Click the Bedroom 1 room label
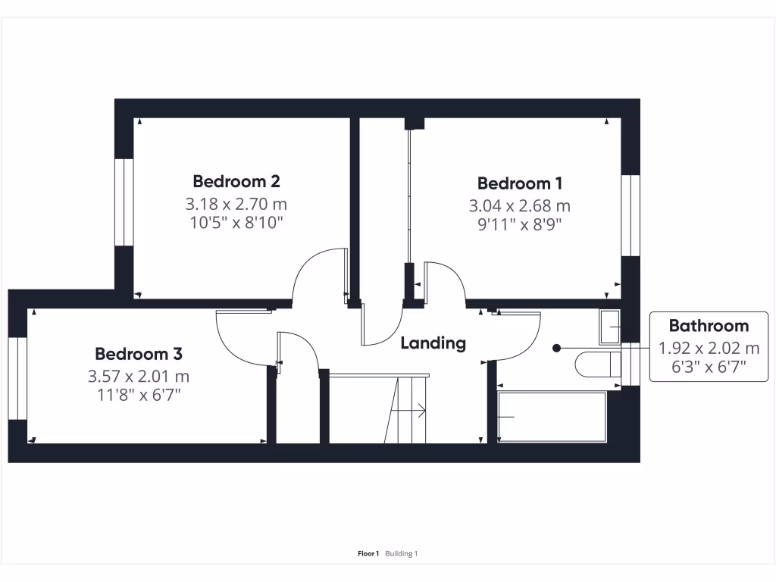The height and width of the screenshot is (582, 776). (520, 183)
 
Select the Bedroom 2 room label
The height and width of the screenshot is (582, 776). (236, 181)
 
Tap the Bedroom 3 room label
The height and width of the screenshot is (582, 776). (139, 354)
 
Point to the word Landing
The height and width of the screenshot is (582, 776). (433, 343)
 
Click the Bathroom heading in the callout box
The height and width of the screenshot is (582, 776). (709, 326)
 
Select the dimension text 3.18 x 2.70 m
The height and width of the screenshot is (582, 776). (236, 204)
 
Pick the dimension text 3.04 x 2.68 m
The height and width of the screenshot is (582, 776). (520, 205)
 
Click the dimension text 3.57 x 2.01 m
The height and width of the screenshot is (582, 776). (139, 376)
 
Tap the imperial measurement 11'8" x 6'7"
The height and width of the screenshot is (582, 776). (139, 395)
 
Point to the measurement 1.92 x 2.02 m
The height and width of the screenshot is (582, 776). (709, 349)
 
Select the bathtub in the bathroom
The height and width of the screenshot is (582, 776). (552, 417)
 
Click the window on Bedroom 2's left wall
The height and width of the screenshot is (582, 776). (124, 202)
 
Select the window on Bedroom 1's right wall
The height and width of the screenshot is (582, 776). (630, 215)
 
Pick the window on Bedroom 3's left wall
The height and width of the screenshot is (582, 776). (17, 377)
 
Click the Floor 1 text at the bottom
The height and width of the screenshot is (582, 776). (368, 554)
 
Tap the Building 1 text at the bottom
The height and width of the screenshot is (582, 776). (402, 554)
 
